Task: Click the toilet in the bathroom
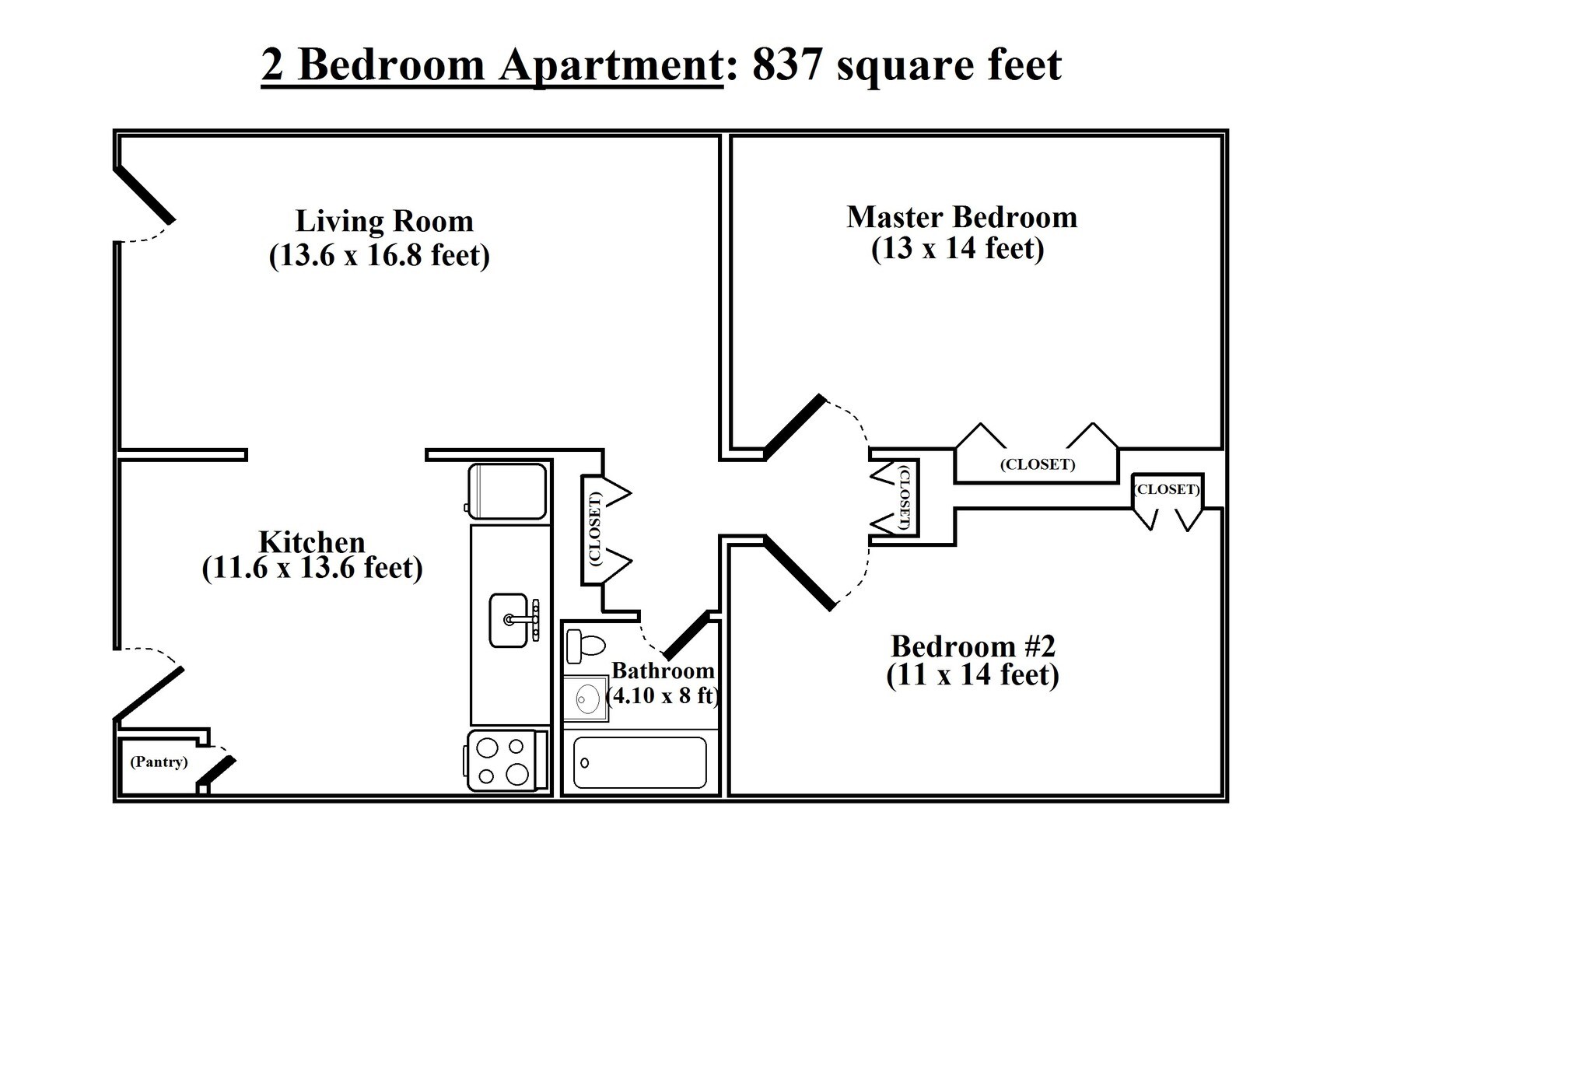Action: [586, 646]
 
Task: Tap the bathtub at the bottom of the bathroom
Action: [640, 762]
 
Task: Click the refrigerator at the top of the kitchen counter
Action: [507, 491]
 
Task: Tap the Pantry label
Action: [159, 762]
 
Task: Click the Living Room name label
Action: [384, 221]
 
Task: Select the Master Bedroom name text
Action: [962, 217]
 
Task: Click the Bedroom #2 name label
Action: [973, 646]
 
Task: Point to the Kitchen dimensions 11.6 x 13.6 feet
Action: [312, 569]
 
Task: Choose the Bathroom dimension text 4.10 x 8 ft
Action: [663, 695]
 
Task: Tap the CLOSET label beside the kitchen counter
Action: [595, 529]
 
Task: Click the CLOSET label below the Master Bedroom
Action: [1038, 464]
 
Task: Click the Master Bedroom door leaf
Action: [794, 426]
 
